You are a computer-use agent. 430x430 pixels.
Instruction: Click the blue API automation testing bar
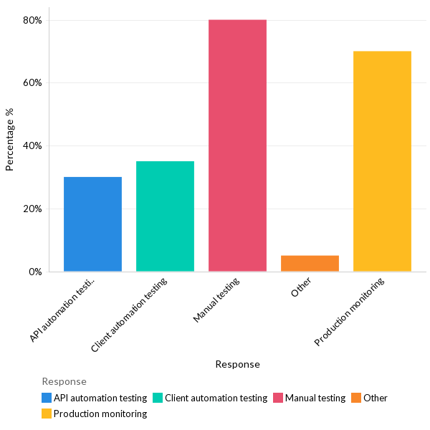click(92, 224)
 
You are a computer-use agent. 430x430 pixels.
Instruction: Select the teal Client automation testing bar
click(165, 216)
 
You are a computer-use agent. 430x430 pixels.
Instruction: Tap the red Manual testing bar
click(237, 145)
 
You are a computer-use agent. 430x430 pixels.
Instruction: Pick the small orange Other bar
click(310, 263)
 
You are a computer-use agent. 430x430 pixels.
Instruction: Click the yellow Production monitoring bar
click(382, 161)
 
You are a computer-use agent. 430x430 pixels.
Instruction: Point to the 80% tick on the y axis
click(33, 20)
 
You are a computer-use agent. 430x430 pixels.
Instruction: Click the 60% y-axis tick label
click(33, 82)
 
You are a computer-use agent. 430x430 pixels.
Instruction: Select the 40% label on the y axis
click(33, 145)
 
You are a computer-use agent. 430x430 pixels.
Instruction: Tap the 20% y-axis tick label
click(33, 209)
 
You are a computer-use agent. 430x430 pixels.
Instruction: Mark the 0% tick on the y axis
click(35, 272)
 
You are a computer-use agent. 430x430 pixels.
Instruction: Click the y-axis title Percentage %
click(10, 139)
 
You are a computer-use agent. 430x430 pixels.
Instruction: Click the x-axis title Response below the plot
click(237, 364)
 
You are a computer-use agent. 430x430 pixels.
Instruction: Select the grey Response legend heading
click(64, 381)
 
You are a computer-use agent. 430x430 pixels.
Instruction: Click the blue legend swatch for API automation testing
click(47, 398)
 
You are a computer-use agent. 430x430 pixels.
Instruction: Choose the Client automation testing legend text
click(216, 398)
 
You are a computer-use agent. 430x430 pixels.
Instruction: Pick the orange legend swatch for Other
click(356, 398)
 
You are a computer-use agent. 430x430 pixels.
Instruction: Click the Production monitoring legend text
click(100, 414)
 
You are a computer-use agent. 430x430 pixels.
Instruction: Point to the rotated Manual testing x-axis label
click(217, 300)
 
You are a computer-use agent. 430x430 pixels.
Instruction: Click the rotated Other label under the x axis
click(302, 288)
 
